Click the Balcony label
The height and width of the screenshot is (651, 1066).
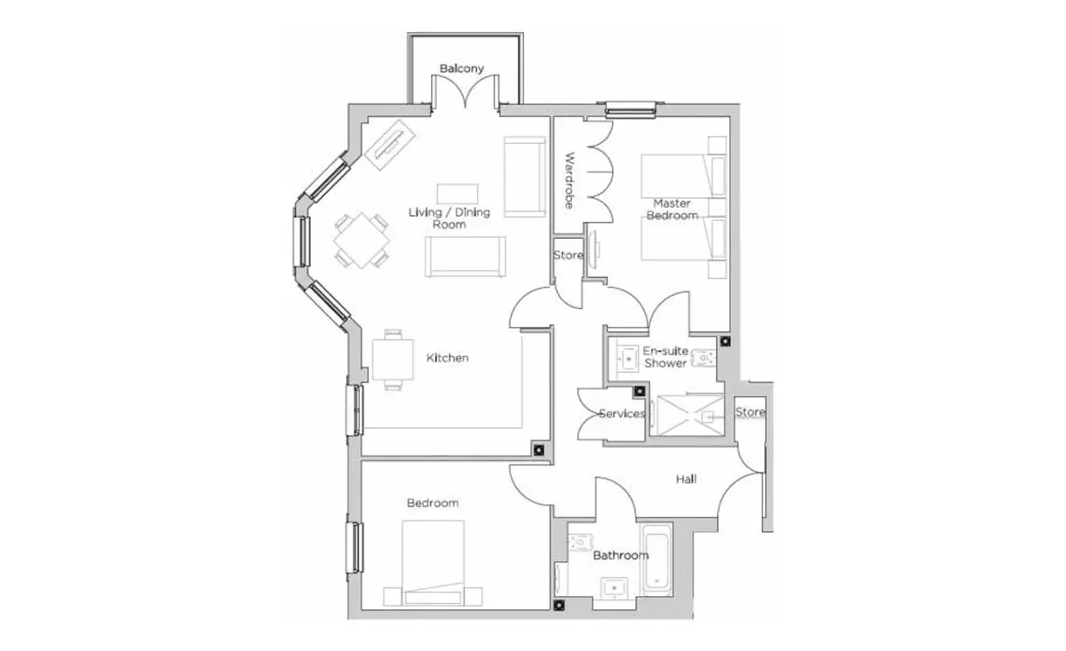pos(461,68)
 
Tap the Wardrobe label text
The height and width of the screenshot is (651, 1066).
pos(569,180)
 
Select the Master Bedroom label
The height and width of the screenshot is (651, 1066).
pos(672,210)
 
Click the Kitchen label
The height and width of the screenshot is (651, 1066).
pos(447,358)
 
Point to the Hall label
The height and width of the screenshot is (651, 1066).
pos(686,480)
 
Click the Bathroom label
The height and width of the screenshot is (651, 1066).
pos(621,555)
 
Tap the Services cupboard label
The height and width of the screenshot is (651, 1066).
pos(622,414)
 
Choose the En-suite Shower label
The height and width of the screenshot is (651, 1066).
pos(665,357)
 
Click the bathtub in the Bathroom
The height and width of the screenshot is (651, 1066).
pos(656,560)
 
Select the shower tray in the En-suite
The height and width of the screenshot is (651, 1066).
pos(688,415)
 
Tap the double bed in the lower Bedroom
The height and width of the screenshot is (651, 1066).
pos(433,563)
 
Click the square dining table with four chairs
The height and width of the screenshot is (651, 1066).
pos(362,241)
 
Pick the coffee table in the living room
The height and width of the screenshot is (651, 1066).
pos(457,194)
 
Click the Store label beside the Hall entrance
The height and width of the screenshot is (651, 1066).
pos(751,412)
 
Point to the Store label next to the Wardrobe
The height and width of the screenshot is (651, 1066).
pos(569,256)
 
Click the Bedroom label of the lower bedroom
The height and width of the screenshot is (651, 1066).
pos(433,503)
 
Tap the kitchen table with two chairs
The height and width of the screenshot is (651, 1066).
pos(393,360)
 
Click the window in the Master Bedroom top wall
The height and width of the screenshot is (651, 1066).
pos(631,110)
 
